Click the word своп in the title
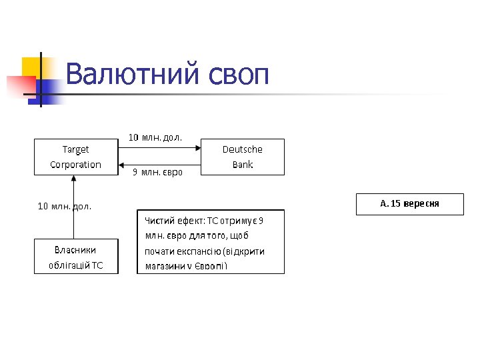click(x=237, y=75)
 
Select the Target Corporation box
click(x=76, y=157)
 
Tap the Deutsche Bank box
click(x=242, y=157)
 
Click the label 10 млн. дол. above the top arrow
click(x=155, y=137)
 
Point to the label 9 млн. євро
click(x=157, y=173)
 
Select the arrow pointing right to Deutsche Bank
click(x=160, y=149)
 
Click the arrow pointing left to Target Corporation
click(x=160, y=165)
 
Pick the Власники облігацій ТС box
click(x=76, y=257)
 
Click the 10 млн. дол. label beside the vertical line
click(x=65, y=206)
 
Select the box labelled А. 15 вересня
click(x=409, y=204)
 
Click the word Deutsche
click(x=243, y=149)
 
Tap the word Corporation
click(x=76, y=165)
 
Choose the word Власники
click(x=75, y=249)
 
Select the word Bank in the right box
click(x=243, y=165)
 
